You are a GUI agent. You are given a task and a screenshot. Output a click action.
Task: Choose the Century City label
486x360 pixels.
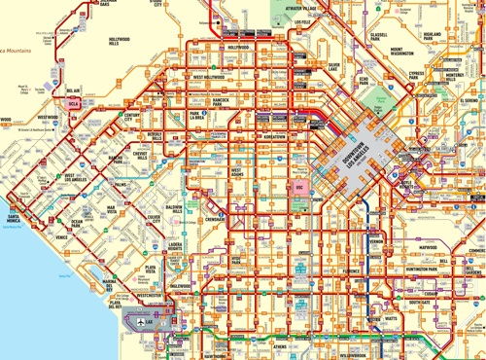(133, 118)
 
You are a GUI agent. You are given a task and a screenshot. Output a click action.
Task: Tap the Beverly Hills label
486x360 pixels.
(155, 136)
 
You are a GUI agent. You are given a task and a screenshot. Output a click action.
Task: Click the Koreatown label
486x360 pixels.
(271, 137)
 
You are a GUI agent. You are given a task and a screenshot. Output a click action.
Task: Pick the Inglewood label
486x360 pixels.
(181, 286)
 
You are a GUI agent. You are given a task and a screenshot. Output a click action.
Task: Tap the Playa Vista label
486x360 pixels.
(151, 269)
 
